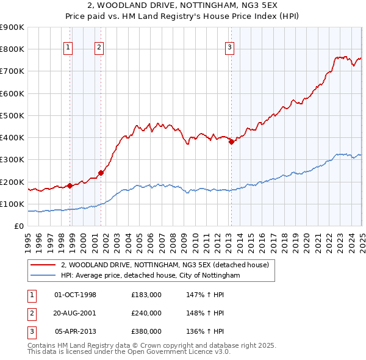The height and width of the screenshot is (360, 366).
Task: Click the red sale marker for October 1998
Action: point(70,185)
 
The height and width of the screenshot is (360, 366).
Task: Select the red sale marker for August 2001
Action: point(101,173)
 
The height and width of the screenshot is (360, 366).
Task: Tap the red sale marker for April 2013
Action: point(231,142)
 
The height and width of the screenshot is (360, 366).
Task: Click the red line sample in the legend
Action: point(43,265)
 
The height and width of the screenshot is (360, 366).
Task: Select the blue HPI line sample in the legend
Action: point(43,276)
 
